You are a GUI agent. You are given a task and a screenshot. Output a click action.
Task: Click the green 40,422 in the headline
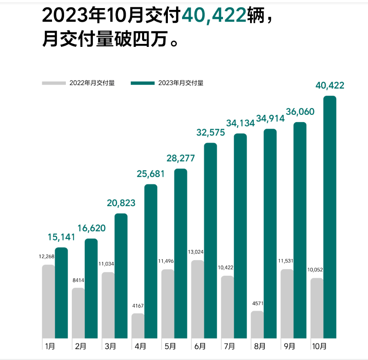tap(214, 16)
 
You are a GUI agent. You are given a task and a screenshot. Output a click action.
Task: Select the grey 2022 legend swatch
tap(54, 83)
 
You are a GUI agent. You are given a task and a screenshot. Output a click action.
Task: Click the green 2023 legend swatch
tap(142, 83)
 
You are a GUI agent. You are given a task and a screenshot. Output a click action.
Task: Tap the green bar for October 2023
tap(330, 217)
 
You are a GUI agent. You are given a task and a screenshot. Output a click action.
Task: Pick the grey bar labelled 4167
tap(138, 326)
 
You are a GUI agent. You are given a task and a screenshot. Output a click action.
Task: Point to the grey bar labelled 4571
tap(257, 324)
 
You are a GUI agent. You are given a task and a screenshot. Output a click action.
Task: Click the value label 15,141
tap(61, 237)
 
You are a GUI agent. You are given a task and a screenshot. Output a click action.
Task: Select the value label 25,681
tap(151, 174)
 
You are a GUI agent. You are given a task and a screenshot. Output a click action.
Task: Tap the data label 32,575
tap(210, 132)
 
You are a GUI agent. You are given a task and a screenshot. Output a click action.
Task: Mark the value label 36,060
tap(300, 112)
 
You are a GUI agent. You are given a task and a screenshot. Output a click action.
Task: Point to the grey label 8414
tap(78, 280)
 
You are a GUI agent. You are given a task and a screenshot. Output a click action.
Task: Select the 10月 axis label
tap(319, 346)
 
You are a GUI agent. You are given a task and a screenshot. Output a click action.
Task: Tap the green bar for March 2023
tap(121, 275)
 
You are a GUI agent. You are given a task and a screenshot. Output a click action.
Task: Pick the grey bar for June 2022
tap(198, 299)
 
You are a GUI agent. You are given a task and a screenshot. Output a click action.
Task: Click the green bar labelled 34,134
tap(240, 236)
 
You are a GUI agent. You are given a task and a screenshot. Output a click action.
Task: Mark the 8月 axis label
tap(259, 346)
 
